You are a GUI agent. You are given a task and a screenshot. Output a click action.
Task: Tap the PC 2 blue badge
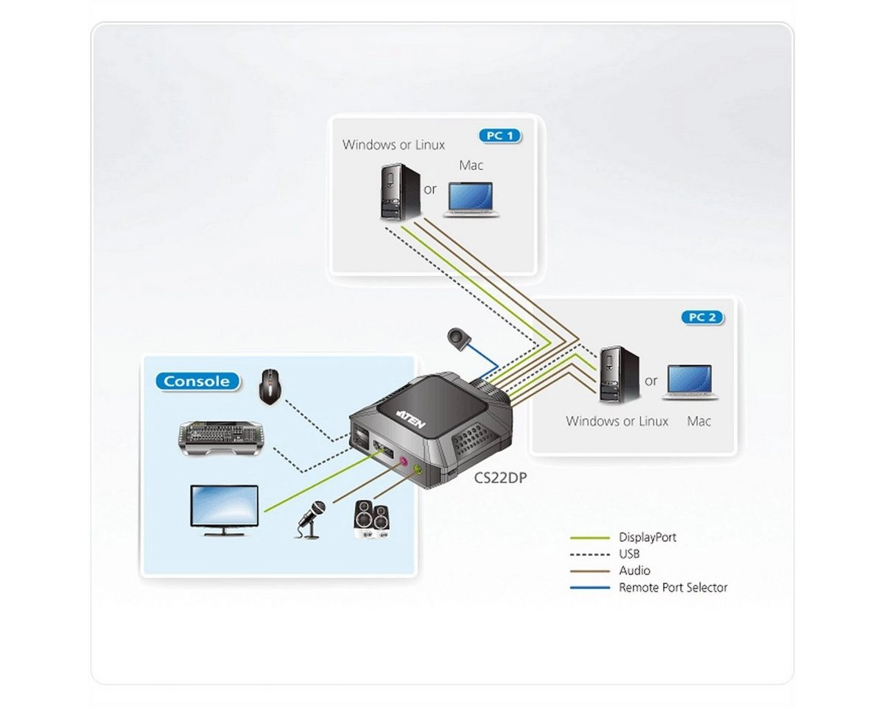tap(701, 318)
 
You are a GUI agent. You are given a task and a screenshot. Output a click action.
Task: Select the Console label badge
tap(197, 381)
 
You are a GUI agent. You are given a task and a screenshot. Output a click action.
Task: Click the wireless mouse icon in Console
tap(270, 387)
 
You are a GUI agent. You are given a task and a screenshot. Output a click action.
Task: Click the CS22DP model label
tap(500, 477)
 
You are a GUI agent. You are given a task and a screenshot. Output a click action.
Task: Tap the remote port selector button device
tap(459, 338)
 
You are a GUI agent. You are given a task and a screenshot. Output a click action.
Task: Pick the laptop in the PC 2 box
tap(690, 382)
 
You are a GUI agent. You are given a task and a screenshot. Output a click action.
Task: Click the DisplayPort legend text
tap(648, 538)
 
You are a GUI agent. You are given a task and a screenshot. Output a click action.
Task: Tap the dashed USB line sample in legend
tap(590, 555)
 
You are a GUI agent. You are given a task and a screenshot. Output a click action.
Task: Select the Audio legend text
tap(634, 571)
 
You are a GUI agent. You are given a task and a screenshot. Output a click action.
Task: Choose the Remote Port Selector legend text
tap(673, 588)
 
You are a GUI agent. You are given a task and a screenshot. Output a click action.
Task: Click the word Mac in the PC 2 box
tap(698, 422)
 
